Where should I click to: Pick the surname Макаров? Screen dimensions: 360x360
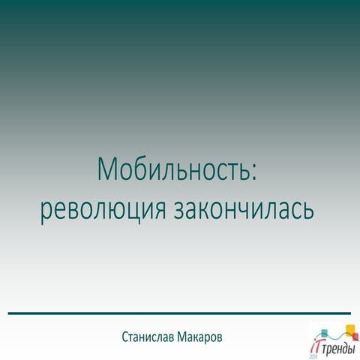[x=208, y=337]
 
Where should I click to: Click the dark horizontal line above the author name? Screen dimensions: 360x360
[x=179, y=312]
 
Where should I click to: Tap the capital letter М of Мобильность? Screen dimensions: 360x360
[x=106, y=170]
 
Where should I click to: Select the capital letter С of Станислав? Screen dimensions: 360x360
[x=124, y=337]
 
